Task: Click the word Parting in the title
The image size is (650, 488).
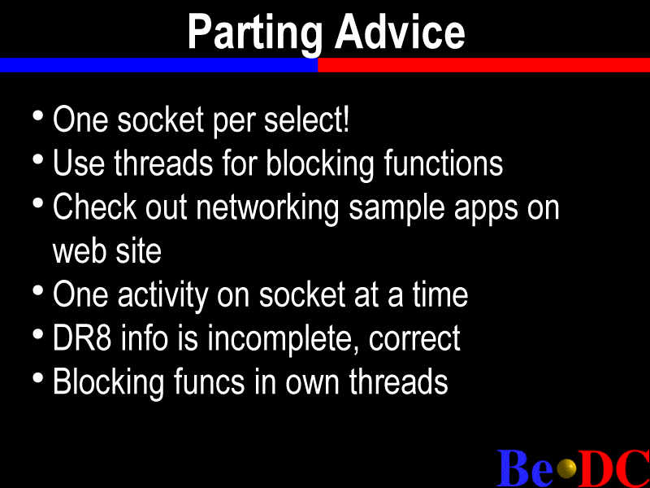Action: click(x=255, y=34)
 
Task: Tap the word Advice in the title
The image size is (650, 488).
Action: click(x=400, y=32)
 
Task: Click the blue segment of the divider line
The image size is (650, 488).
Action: click(x=158, y=65)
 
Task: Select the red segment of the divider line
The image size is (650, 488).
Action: click(x=483, y=65)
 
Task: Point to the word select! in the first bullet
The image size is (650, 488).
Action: click(x=307, y=120)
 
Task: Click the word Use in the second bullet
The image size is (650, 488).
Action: click(x=79, y=163)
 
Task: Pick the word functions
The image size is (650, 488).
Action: click(x=443, y=163)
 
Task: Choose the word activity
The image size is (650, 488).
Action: click(x=163, y=295)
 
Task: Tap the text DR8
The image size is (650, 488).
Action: click(x=82, y=338)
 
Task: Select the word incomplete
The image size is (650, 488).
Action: click(x=284, y=339)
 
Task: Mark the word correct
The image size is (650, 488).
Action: click(x=414, y=339)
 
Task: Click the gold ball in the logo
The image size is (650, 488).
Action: click(x=566, y=469)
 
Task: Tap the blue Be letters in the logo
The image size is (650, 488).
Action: click(x=525, y=468)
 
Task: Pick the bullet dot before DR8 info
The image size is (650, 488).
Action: click(x=37, y=334)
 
